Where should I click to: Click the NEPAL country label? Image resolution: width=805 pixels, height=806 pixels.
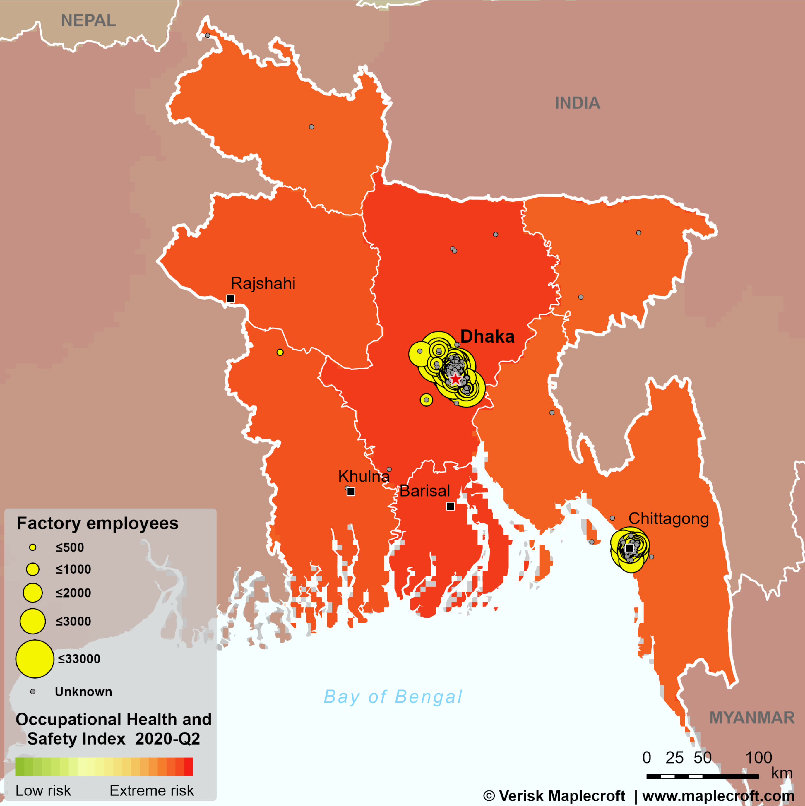tap(88, 20)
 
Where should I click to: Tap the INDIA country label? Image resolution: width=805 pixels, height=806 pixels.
tap(577, 103)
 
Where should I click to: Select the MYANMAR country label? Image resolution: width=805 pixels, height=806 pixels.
tap(752, 718)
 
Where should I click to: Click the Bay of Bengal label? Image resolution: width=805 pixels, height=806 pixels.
tap(393, 697)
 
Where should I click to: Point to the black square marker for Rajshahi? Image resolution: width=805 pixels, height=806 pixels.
tap(230, 299)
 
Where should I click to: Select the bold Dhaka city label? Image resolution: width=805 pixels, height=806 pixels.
tap(487, 337)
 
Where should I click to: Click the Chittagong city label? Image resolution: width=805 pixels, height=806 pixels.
tap(669, 518)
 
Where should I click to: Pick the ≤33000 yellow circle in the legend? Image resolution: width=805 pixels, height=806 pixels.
tap(35, 659)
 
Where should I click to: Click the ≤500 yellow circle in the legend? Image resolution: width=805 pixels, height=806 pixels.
tap(32, 547)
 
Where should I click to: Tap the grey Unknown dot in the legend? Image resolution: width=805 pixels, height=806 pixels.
tap(32, 692)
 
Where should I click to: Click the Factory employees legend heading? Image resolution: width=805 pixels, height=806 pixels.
tap(97, 523)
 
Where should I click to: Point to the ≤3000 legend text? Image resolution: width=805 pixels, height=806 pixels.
tap(73, 621)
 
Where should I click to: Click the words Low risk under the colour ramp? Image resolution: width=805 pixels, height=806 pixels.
tap(43, 790)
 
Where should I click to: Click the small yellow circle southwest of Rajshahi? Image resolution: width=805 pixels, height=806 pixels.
tap(280, 352)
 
